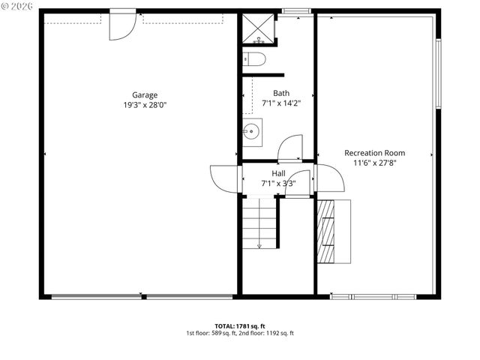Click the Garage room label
coord(145,94)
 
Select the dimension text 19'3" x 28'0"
coord(145,105)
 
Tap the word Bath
coord(281,93)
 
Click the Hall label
coord(278,172)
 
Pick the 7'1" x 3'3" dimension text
coord(278,183)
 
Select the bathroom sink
coord(252,133)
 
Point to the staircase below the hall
coord(259,223)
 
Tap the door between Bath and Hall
coord(290,148)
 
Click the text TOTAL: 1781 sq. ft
coord(240,325)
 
